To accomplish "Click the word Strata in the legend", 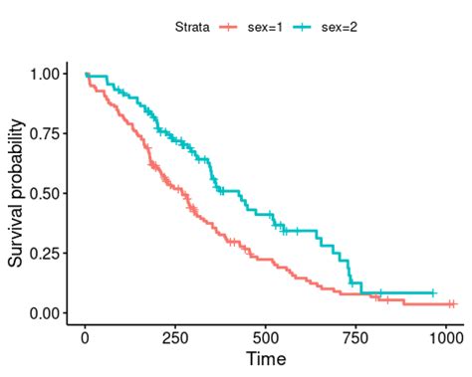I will (x=189, y=27).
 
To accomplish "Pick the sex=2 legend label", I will (x=339, y=27).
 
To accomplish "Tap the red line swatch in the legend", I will (x=231, y=27).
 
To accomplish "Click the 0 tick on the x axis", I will (x=86, y=337).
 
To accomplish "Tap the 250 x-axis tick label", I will (x=175, y=337).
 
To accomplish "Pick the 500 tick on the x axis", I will (x=266, y=337).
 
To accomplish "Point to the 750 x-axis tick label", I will (x=355, y=337).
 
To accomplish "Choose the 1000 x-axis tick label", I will (x=445, y=337).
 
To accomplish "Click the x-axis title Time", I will (x=266, y=358).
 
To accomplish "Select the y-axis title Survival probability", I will (x=17, y=193).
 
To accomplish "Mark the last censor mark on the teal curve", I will (x=433, y=293).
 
